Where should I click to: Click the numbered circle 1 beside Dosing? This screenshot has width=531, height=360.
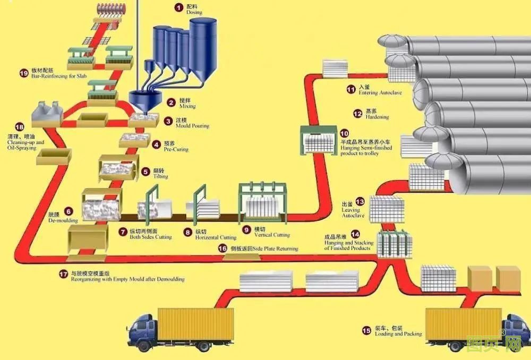tap(179, 7)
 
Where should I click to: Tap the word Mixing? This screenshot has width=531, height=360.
tap(187, 107)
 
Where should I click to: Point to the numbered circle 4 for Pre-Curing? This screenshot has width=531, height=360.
tap(156, 144)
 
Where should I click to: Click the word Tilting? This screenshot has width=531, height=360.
tap(161, 176)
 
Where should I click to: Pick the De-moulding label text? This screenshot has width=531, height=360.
tap(63, 220)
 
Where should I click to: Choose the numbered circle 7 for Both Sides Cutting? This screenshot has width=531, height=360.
tap(123, 232)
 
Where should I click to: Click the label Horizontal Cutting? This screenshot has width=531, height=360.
tap(216, 237)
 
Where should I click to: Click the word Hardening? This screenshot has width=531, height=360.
tap(377, 117)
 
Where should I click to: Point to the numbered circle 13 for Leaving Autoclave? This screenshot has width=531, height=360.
tap(360, 201)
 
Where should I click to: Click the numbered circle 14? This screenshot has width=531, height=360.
tap(355, 234)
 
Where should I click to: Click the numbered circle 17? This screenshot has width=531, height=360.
tap(64, 273)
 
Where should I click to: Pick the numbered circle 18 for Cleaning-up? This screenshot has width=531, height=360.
tap(20, 127)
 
